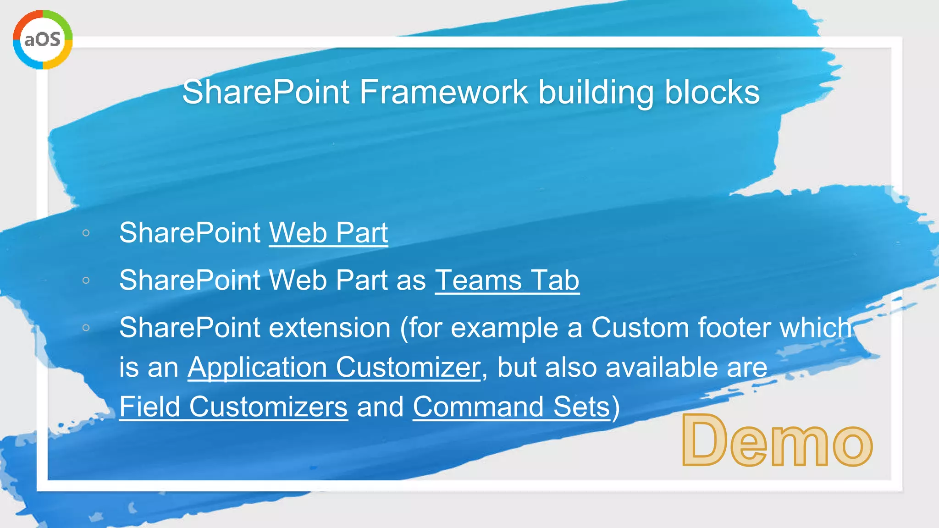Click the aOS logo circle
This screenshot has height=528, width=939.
coord(43,39)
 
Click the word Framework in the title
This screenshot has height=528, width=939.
coord(443,92)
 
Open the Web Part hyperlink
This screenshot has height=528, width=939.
coord(328,233)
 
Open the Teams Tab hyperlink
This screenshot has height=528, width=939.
coord(507,280)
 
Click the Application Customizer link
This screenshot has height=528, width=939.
coord(334,367)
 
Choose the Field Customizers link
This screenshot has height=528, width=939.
coord(233,407)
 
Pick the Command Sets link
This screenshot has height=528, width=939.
coord(511,407)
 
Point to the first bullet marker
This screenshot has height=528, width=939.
coord(86,233)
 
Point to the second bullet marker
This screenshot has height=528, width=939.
coord(86,280)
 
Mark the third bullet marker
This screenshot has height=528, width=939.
coord(86,328)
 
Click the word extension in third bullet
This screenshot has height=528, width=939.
coord(329,328)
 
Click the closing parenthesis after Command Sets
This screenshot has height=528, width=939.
coord(616,407)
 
